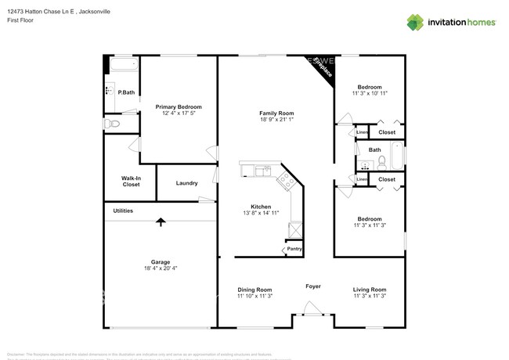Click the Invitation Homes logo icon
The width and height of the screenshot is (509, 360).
tap(415, 22)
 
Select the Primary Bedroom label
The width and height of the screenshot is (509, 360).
tap(178, 107)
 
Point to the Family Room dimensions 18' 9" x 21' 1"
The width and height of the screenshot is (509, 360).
tap(276, 121)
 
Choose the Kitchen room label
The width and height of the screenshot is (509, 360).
tap(255, 207)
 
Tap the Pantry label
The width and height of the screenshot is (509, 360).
tap(294, 249)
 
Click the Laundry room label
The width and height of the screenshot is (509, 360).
tap(186, 183)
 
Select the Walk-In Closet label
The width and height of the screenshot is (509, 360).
tap(131, 181)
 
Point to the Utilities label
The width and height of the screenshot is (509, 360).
tap(123, 211)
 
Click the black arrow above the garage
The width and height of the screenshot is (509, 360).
tap(161, 222)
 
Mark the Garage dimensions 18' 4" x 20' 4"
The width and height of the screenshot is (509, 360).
tap(161, 268)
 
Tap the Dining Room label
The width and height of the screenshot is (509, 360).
tap(254, 290)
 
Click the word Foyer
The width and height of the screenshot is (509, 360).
tap(312, 286)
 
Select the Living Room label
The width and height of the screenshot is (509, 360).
tap(370, 290)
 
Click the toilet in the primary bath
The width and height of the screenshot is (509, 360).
tap(110, 124)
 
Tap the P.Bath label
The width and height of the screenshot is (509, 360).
tap(126, 92)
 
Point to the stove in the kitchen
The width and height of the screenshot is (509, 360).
tap(286, 182)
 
